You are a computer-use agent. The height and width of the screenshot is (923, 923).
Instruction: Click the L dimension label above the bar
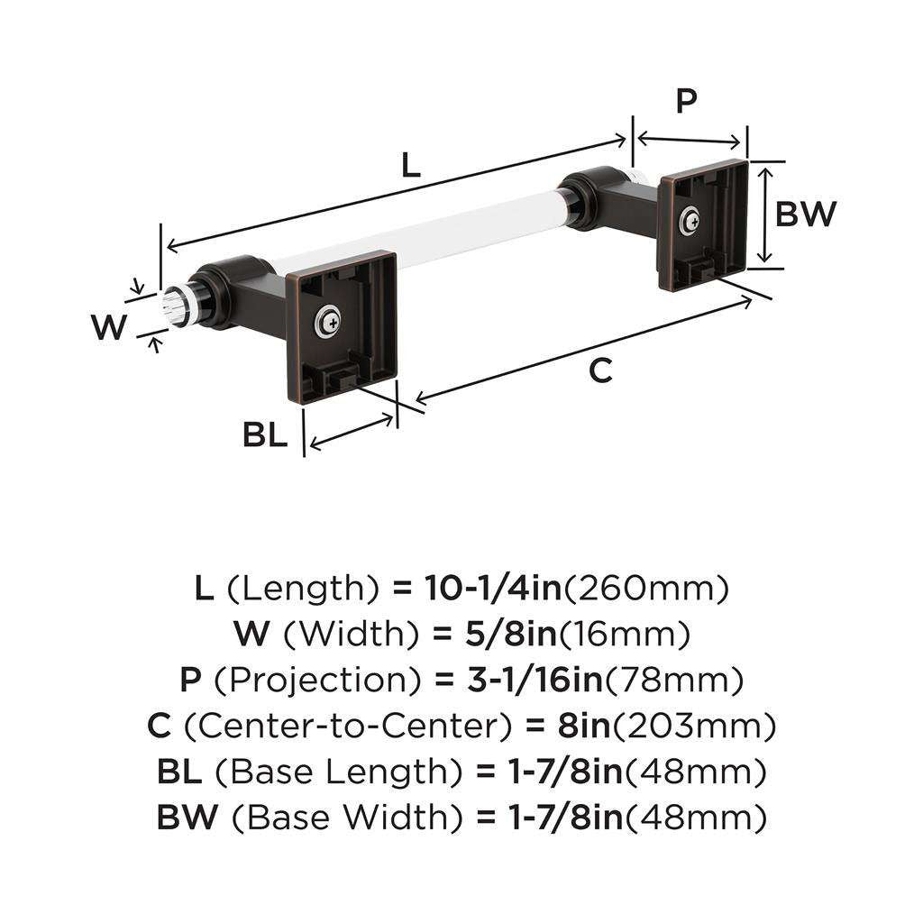click(x=410, y=165)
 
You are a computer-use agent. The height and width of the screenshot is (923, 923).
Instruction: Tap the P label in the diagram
click(x=687, y=101)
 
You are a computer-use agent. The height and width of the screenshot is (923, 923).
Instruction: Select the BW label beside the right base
click(x=807, y=215)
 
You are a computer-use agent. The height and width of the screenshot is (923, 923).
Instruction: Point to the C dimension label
click(x=600, y=370)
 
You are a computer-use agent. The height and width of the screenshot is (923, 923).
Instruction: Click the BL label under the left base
click(x=264, y=436)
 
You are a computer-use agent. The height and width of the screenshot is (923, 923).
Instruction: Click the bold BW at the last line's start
click(x=188, y=818)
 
